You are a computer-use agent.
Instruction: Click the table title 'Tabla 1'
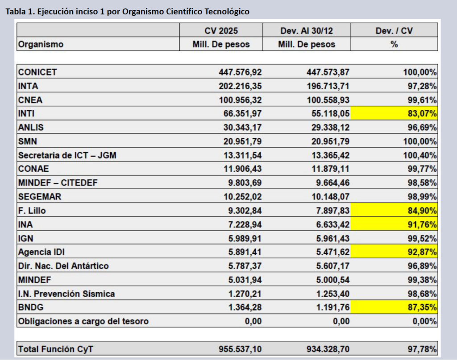click(x=127, y=11)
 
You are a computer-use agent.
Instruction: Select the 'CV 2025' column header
click(x=221, y=31)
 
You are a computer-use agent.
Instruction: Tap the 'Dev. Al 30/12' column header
click(x=307, y=31)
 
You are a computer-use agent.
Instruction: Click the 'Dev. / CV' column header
click(x=394, y=31)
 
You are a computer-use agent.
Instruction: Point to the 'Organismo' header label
click(x=41, y=45)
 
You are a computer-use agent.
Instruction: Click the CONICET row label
click(x=37, y=72)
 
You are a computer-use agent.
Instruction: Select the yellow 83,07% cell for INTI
click(x=394, y=113)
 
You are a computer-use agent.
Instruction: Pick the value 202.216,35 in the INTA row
click(x=240, y=86)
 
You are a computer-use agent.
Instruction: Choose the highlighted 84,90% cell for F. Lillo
click(x=394, y=211)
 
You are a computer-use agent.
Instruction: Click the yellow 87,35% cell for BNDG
click(x=394, y=307)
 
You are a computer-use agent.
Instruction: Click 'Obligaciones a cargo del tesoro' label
click(x=83, y=321)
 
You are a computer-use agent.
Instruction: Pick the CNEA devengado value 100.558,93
click(x=324, y=99)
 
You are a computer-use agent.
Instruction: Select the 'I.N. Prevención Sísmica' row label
click(x=66, y=294)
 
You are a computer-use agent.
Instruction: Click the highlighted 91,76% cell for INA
click(x=394, y=224)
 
